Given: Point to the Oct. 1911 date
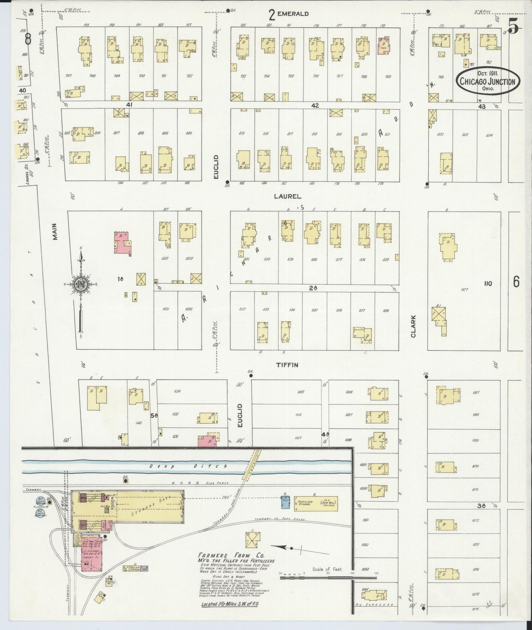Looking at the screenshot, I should pyautogui.click(x=488, y=73).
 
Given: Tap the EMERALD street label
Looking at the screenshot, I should pyautogui.click(x=293, y=14).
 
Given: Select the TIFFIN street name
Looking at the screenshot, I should pyautogui.click(x=287, y=365).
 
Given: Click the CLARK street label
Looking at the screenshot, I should pyautogui.click(x=413, y=326).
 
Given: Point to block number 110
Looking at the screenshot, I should pyautogui.click(x=488, y=283).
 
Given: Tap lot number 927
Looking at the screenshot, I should pyautogui.click(x=464, y=290).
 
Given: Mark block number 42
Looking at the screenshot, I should pyautogui.click(x=315, y=105).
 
